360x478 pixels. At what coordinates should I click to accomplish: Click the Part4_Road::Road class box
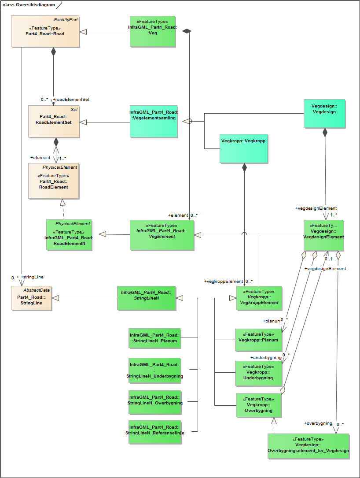[45, 31]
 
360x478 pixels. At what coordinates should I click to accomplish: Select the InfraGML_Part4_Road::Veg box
[153, 31]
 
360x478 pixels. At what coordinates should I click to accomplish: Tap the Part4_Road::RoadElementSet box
[54, 121]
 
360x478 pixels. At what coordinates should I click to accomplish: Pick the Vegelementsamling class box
[153, 121]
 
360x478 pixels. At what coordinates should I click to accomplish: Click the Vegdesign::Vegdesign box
[324, 113]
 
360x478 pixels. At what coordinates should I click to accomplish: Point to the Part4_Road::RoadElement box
[54, 181]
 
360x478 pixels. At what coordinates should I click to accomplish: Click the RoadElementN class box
[69, 235]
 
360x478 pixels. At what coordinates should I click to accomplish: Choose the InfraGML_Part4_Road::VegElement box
[162, 235]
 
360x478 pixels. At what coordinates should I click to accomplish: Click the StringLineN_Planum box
[154, 338]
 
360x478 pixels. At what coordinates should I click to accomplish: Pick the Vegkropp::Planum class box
[258, 340]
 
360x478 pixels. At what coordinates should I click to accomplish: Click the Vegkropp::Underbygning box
[258, 373]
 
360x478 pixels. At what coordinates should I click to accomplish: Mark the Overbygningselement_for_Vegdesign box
[308, 446]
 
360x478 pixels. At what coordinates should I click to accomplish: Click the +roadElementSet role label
[71, 100]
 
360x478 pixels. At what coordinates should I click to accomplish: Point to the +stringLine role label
[32, 277]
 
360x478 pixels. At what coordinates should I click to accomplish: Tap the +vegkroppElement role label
[224, 282]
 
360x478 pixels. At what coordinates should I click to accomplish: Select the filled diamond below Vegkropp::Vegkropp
[244, 167]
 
